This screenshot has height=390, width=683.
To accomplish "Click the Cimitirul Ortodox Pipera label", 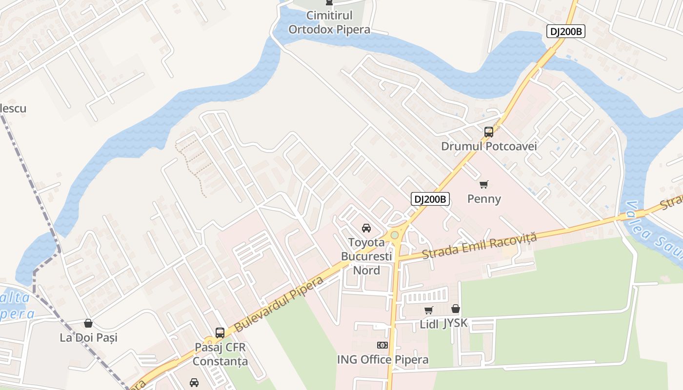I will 329,22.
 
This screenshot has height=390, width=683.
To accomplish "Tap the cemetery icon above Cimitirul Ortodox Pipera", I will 329,2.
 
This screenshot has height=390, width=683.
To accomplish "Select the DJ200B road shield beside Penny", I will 430,199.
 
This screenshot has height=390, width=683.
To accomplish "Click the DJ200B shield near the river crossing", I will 565,32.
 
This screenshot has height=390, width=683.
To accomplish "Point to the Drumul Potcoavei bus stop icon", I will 488,132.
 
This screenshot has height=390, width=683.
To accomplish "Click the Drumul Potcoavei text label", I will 488,146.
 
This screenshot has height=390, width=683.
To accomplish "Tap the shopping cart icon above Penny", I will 483,184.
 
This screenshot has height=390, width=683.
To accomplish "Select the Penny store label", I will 483,199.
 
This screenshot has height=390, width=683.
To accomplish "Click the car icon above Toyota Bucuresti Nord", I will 366,228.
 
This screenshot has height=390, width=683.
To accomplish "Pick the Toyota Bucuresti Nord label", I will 366,256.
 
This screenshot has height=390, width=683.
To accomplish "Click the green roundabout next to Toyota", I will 394,235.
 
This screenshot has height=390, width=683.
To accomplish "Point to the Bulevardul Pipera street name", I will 279,305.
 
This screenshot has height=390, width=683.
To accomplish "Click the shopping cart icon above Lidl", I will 428,310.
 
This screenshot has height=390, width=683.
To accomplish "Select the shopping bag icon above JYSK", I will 455,309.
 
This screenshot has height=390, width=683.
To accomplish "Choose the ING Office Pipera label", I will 382,360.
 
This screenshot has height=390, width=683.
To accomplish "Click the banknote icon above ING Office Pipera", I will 382,345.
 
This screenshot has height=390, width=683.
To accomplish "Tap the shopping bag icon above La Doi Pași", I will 88,323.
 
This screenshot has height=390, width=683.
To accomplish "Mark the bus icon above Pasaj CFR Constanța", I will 220,333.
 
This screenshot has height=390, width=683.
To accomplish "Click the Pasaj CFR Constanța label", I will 220,354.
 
